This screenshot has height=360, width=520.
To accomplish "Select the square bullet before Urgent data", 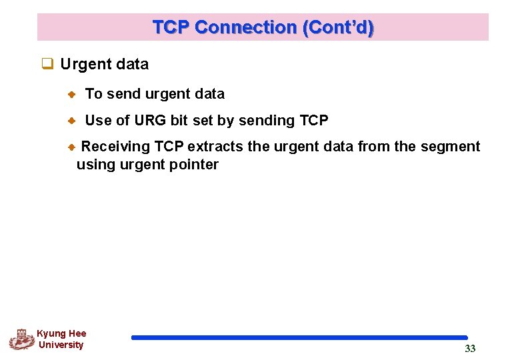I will pos(47,65).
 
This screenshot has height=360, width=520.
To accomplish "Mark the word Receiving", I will pos(115,147).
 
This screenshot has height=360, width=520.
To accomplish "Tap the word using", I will pos(95,165).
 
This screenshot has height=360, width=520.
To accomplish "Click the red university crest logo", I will pos(22,339).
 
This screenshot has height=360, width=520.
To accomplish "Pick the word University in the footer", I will pos(61,345).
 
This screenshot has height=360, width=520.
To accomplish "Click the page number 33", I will pos(470,349).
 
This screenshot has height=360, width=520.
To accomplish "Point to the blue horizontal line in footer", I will pos(299,338).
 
